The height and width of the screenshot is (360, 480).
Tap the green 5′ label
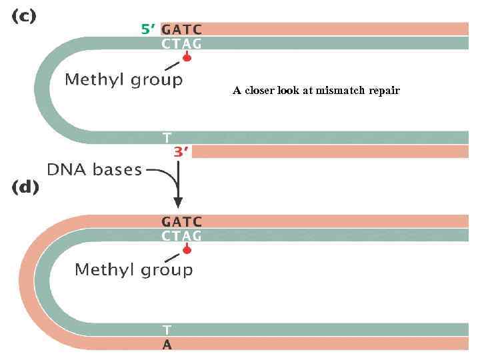[x=148, y=29]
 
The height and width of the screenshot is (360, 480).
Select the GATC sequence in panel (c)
[x=182, y=29]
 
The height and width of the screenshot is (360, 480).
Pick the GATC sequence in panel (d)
[x=182, y=221]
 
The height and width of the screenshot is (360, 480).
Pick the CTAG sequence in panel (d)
[x=182, y=235]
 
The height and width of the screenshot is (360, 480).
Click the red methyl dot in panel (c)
[x=187, y=59]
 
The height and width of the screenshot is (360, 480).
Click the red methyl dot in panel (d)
[x=187, y=251]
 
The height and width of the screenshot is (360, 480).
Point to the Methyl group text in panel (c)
[x=123, y=81]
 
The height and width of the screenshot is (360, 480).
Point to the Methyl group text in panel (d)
[x=133, y=270]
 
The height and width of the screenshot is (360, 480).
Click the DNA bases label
[x=95, y=170]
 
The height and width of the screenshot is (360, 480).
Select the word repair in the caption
[x=385, y=91]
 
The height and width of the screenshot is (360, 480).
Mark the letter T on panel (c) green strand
[x=167, y=138]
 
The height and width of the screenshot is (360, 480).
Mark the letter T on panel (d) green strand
[x=167, y=330]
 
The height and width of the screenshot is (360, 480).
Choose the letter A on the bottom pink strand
[x=167, y=345]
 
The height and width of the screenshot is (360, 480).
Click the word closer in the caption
[x=259, y=91]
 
